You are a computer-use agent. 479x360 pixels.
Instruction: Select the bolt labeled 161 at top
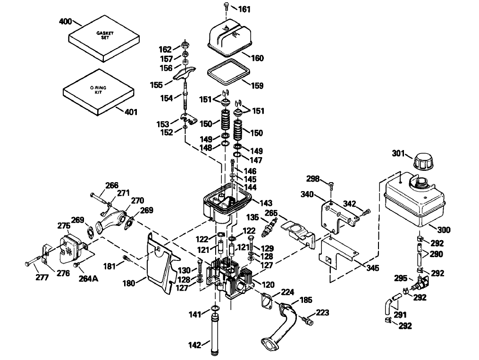[x=226, y=8]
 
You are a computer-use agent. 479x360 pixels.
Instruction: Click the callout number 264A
[x=88, y=278]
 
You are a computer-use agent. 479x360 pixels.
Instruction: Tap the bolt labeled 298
[x=331, y=185]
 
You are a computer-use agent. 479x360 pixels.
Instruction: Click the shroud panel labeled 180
[x=159, y=265]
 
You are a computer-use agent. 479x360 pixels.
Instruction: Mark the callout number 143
[x=266, y=203]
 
